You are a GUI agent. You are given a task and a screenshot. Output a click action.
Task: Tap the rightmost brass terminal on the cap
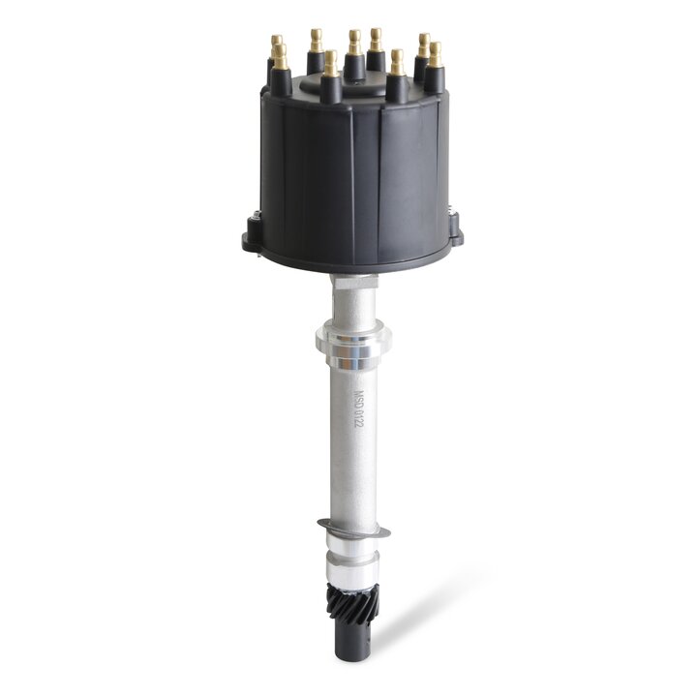click(435, 54)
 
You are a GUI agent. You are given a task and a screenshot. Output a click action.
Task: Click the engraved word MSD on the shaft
click(358, 399)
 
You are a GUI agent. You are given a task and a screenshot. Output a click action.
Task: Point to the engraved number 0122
click(359, 424)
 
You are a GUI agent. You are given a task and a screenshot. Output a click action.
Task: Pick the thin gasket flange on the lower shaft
click(353, 530)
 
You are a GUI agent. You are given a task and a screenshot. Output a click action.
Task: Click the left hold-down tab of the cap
click(251, 233)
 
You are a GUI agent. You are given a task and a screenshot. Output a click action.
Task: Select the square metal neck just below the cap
click(351, 290)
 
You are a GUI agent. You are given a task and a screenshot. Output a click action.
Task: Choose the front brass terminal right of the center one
click(397, 64)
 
